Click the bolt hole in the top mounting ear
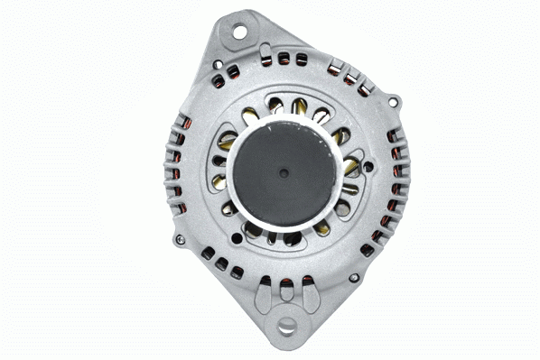point(240,32)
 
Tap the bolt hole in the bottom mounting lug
point(288,326)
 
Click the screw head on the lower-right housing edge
point(354,277)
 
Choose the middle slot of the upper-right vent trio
point(349,79)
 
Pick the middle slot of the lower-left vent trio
point(221,264)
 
